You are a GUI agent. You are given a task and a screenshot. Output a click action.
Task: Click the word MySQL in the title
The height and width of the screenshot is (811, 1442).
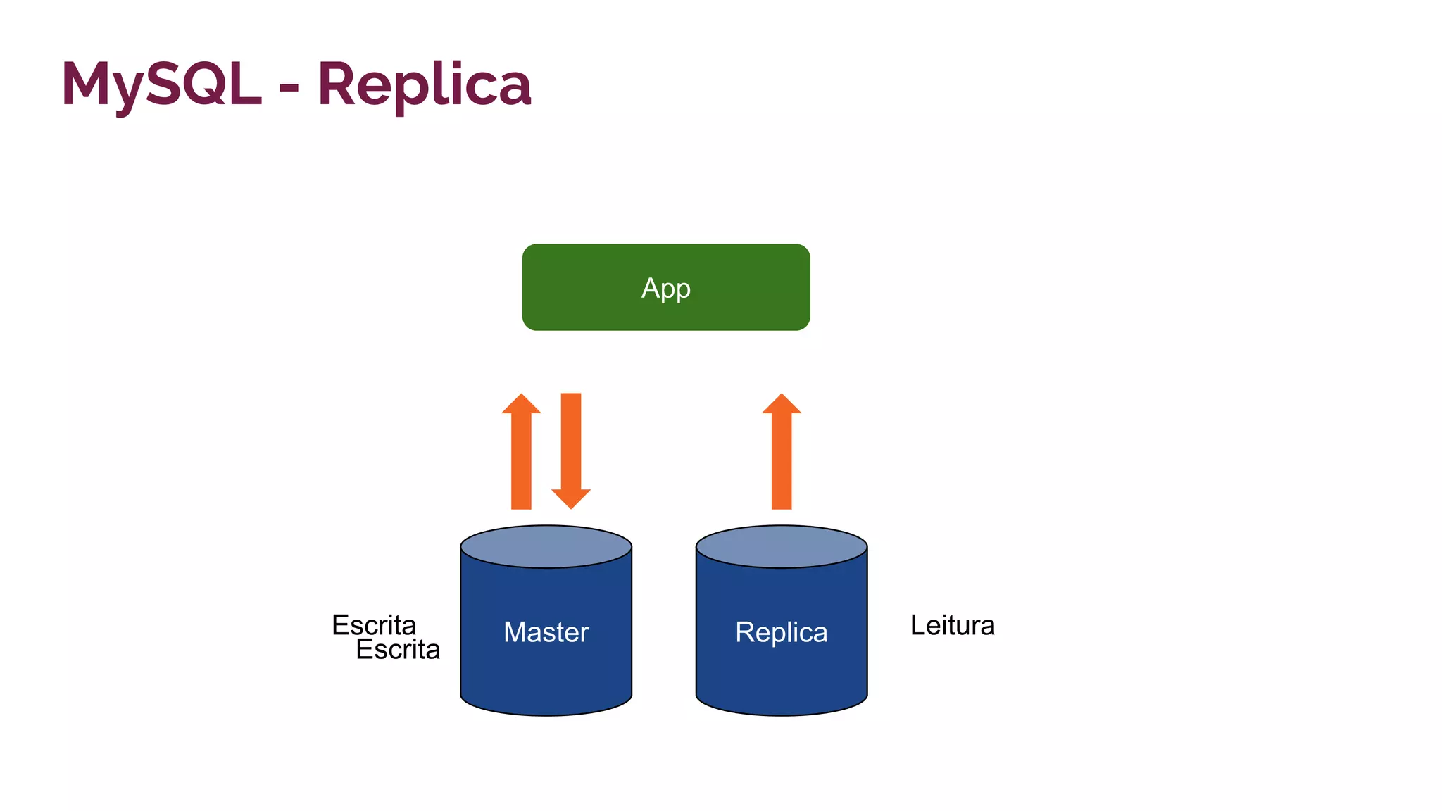coord(161,84)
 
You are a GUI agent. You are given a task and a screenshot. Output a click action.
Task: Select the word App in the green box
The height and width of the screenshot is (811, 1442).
coord(665,288)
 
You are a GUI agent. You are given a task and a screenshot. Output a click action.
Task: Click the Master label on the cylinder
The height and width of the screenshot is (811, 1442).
coord(546,632)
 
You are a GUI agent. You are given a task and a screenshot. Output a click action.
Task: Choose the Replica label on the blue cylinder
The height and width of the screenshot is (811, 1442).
coord(781,632)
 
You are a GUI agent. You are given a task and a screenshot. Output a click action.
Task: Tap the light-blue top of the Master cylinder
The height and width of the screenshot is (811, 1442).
coord(546,546)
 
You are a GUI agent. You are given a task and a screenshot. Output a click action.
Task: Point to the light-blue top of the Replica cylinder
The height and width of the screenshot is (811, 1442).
coord(782,546)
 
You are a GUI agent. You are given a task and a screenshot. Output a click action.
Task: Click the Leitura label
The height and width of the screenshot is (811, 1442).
coord(952,625)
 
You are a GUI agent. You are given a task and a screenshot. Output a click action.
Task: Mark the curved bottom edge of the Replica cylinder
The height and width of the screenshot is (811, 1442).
coord(782,715)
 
